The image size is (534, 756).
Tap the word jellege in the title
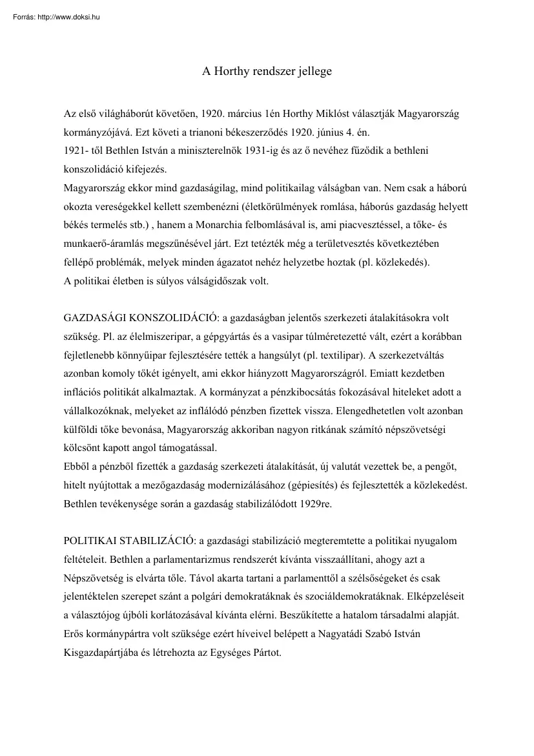313,72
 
